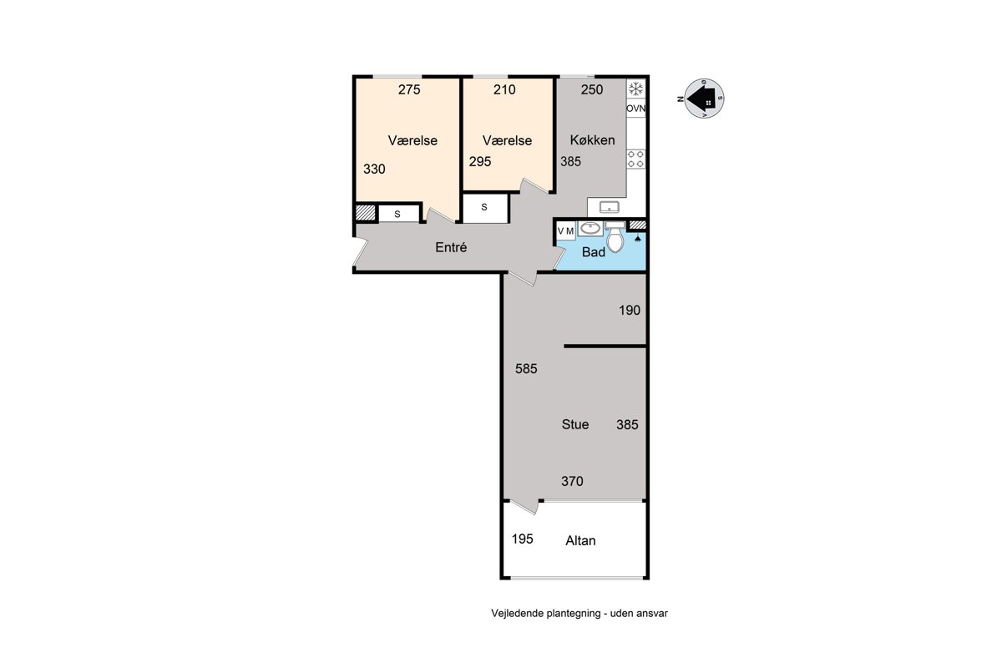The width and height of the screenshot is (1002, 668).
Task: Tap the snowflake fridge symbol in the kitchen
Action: click(x=635, y=89)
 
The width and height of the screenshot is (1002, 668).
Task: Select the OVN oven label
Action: click(x=635, y=109)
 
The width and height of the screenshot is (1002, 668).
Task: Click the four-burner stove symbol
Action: click(x=635, y=159)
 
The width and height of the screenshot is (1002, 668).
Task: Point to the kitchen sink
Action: click(x=609, y=207)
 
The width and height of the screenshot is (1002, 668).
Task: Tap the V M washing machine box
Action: click(x=566, y=230)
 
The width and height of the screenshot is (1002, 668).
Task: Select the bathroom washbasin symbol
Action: click(x=590, y=228)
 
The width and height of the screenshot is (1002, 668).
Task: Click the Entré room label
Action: click(x=451, y=247)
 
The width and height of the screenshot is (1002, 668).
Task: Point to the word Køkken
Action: click(x=592, y=140)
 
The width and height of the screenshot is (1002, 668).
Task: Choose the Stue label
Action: click(x=575, y=424)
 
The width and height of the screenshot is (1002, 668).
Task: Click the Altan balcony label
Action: click(x=580, y=540)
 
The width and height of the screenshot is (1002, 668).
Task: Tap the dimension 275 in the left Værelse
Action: click(x=409, y=89)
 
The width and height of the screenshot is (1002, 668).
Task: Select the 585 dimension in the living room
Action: click(x=526, y=369)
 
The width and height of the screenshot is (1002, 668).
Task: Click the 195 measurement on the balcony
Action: click(x=523, y=539)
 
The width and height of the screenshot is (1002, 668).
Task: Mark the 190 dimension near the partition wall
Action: click(x=630, y=310)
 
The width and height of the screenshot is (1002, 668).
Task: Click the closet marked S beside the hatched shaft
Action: click(x=397, y=215)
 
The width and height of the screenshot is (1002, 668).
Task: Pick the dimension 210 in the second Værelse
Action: click(x=504, y=89)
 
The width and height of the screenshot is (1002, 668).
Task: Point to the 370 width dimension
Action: click(x=572, y=481)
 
